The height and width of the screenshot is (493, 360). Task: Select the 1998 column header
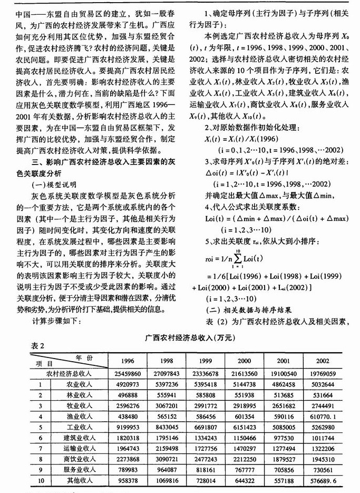(164, 361)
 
